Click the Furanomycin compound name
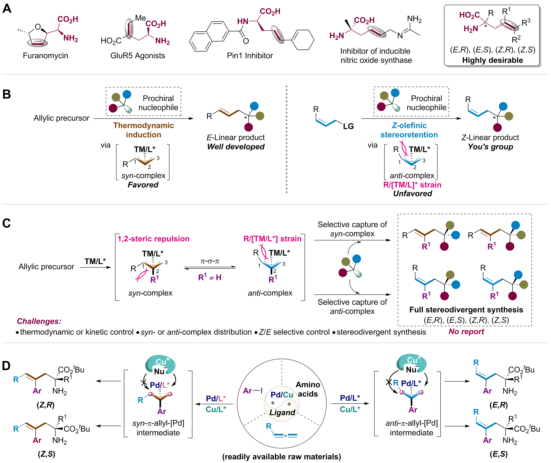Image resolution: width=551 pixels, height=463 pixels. coord(45,56)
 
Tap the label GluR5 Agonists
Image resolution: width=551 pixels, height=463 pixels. coord(138,56)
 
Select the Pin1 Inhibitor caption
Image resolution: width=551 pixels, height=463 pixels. coord(250,56)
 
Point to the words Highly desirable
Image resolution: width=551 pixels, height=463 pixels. coord(493,60)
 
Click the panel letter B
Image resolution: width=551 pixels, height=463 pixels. coord(7,94)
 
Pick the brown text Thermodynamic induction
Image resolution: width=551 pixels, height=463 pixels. coord(144,130)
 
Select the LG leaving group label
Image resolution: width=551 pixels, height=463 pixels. coord(348,126)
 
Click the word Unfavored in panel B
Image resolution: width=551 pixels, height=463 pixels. coord(413,194)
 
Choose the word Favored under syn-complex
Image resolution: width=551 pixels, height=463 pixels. coord(143,185)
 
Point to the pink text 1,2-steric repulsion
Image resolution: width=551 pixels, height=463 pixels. coord(153,239)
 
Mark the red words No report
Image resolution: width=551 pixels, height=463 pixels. coord(466,331)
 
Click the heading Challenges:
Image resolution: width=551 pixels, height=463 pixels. coord(39,321)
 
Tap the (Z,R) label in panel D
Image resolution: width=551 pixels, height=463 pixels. coord(46,405)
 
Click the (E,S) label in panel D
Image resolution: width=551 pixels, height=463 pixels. coord(499,454)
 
